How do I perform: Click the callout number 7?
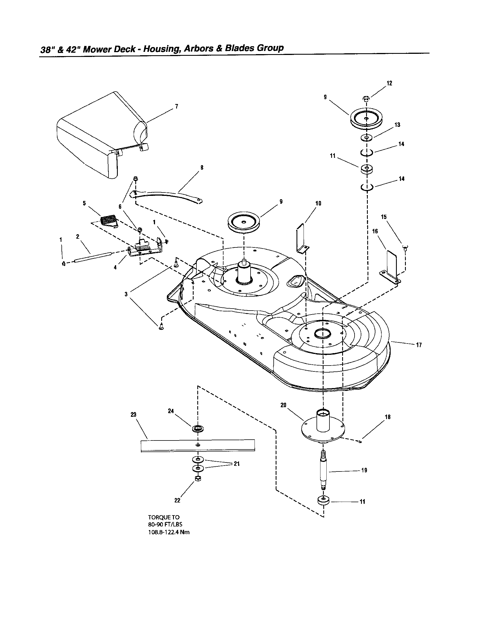176,107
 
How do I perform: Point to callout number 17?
419,345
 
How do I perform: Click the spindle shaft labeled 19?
324,470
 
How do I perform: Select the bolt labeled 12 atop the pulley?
366,99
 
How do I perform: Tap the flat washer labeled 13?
367,138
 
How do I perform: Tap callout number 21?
236,464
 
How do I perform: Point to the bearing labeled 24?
198,429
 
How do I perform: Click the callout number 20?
283,405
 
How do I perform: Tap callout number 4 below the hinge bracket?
115,267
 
